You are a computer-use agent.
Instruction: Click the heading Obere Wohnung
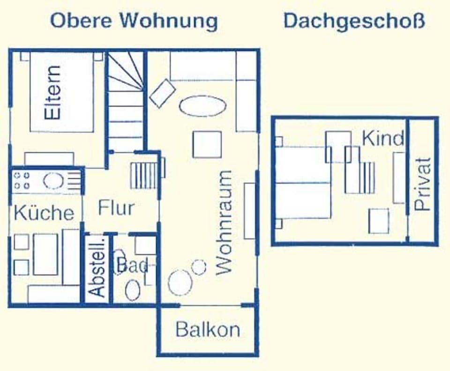pyautogui.click(x=134, y=22)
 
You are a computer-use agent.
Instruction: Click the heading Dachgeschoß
pyautogui.click(x=354, y=22)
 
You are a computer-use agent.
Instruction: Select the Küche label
pyautogui.click(x=44, y=213)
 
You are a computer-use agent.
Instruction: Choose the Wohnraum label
pyautogui.click(x=224, y=223)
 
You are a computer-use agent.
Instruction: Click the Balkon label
pyautogui.click(x=207, y=330)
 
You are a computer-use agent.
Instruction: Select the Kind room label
pyautogui.click(x=382, y=139)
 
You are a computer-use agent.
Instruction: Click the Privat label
pyautogui.click(x=422, y=184)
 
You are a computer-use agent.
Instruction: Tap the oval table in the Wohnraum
pyautogui.click(x=202, y=106)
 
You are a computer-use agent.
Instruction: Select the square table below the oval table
pyautogui.click(x=207, y=144)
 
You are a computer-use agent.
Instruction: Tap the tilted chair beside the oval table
pyautogui.click(x=162, y=93)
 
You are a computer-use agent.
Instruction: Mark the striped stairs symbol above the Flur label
pyautogui.click(x=144, y=176)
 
